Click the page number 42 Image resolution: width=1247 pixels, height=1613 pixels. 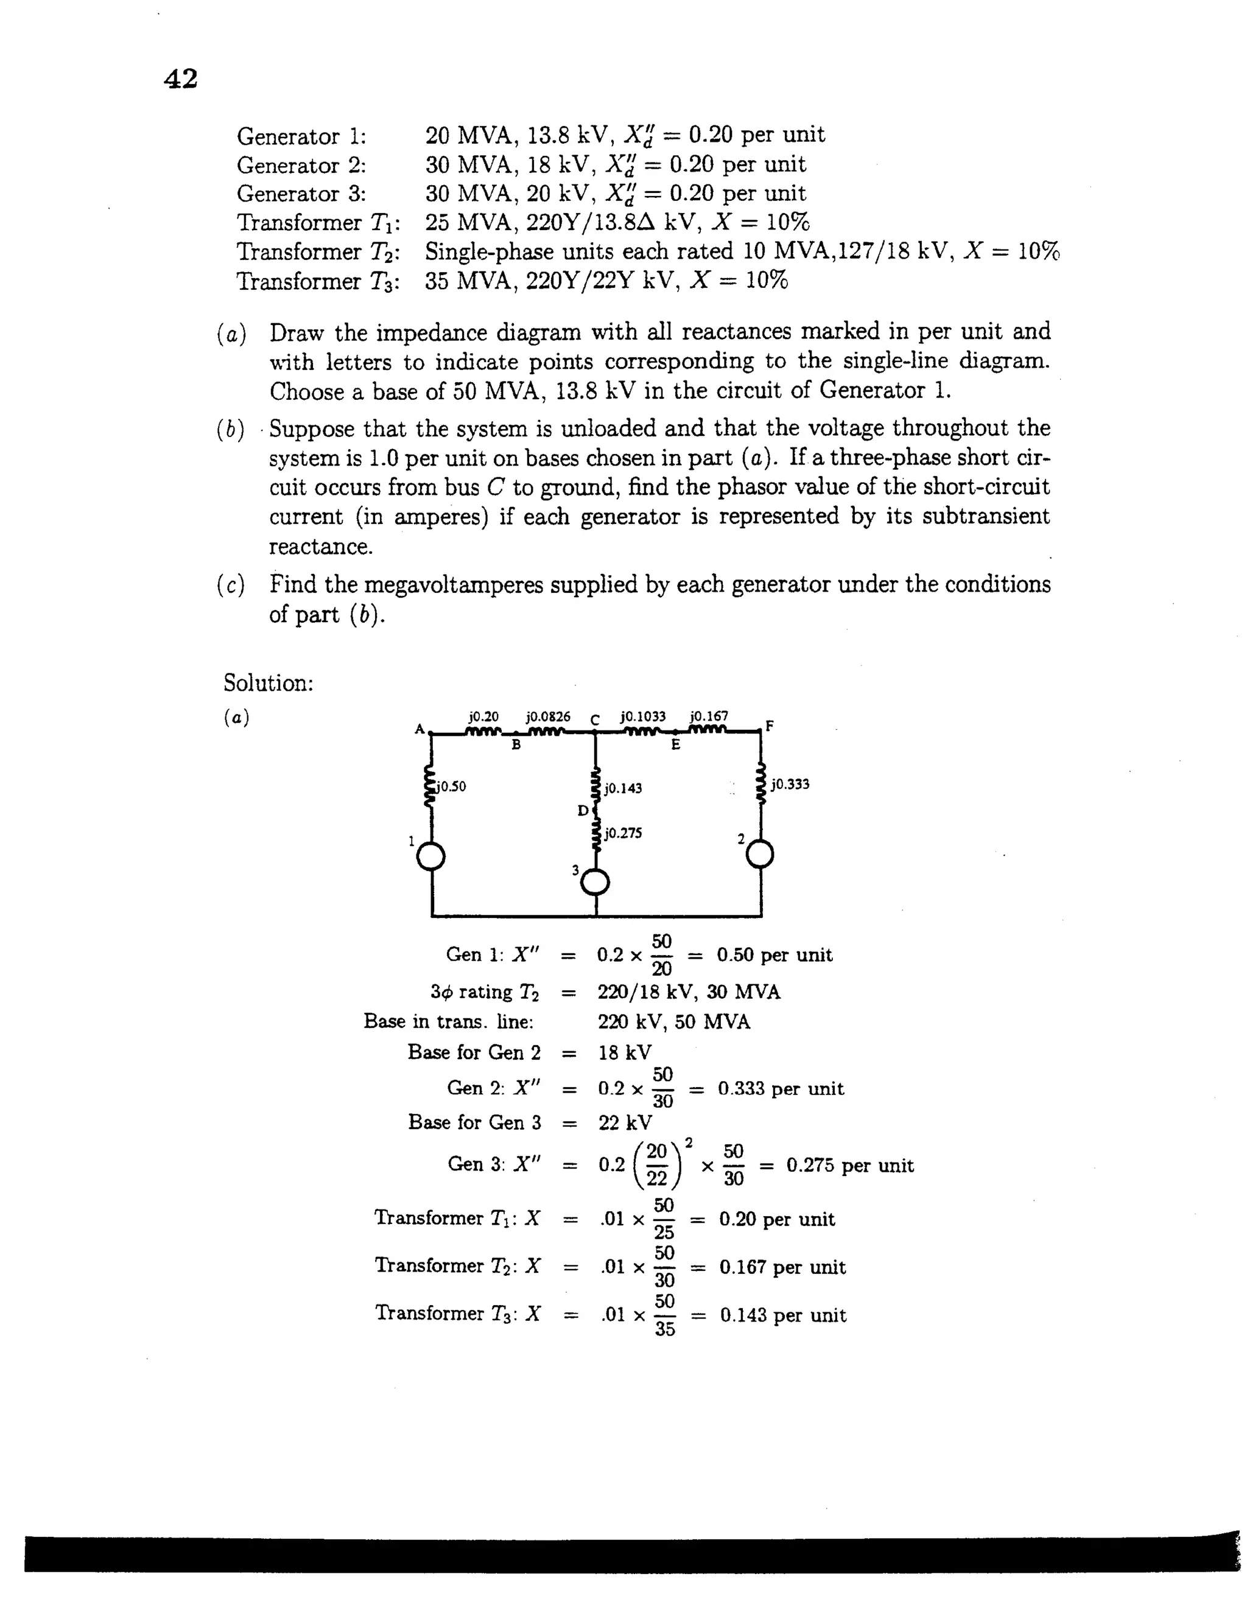point(180,79)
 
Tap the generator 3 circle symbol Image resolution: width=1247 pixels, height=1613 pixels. point(595,882)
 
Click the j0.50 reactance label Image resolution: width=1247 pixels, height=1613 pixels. point(451,786)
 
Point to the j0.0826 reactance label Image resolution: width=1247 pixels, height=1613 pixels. point(548,716)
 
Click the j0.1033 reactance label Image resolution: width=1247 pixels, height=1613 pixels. point(643,716)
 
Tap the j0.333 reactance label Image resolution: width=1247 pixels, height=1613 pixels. point(790,785)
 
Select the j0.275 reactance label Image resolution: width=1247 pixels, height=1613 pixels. point(623,833)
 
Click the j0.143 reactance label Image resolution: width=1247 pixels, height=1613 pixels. point(623,788)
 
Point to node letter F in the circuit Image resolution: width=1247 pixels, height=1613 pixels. point(770,726)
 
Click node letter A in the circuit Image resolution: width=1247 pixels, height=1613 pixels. point(419,729)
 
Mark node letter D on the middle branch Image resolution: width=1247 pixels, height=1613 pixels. point(582,811)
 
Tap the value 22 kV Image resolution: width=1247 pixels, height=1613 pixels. point(625,1124)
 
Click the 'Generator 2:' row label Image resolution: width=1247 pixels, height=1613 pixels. point(301,165)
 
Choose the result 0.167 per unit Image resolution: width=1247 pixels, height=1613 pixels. point(782,1267)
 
